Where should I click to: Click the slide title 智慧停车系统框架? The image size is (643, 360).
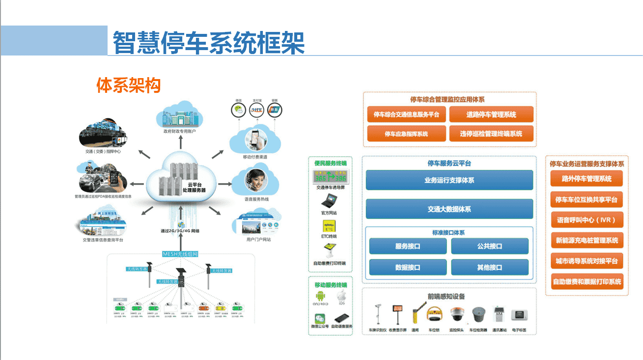click(209, 43)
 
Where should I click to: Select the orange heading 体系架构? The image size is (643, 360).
click(129, 85)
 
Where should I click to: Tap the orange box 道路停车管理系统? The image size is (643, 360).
click(491, 114)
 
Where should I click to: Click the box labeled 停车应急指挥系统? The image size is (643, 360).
click(406, 134)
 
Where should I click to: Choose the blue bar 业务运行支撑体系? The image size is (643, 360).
click(449, 180)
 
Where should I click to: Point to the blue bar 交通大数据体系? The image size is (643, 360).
click(449, 209)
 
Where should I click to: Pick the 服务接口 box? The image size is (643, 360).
click(408, 246)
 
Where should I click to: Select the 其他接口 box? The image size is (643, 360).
click(489, 267)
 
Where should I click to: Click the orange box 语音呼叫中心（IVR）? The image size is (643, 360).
click(587, 220)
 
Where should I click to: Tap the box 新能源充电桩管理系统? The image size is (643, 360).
click(587, 241)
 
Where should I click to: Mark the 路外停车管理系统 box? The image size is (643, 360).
click(587, 179)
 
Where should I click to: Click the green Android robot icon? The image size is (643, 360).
click(320, 296)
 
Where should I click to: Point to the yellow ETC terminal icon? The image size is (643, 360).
click(329, 225)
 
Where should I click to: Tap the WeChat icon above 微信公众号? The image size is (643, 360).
click(320, 318)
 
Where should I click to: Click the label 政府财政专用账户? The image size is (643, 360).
click(179, 132)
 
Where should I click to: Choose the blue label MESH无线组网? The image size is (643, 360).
click(181, 254)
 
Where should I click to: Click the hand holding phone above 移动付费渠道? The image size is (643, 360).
click(255, 139)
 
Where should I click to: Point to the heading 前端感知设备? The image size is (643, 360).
click(446, 296)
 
